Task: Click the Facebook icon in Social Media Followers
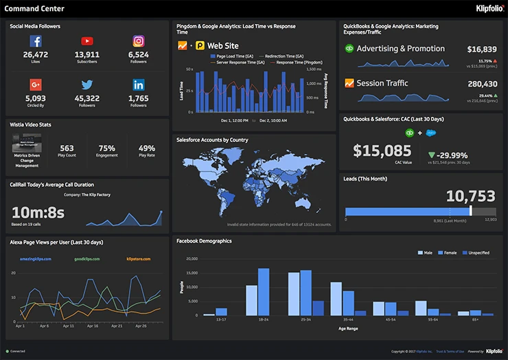click(x=36, y=41)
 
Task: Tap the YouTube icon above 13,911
click(x=87, y=41)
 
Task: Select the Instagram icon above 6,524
click(x=138, y=41)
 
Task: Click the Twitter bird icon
click(x=87, y=85)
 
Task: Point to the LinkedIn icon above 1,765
click(x=138, y=85)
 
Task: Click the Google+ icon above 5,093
click(x=36, y=85)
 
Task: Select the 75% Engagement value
click(x=106, y=148)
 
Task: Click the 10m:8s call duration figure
click(x=38, y=212)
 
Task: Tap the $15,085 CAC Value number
click(x=378, y=150)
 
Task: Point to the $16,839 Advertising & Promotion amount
click(x=481, y=49)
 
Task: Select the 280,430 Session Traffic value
click(x=481, y=84)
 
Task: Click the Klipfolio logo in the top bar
click(x=489, y=8)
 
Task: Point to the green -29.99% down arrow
click(x=430, y=155)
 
